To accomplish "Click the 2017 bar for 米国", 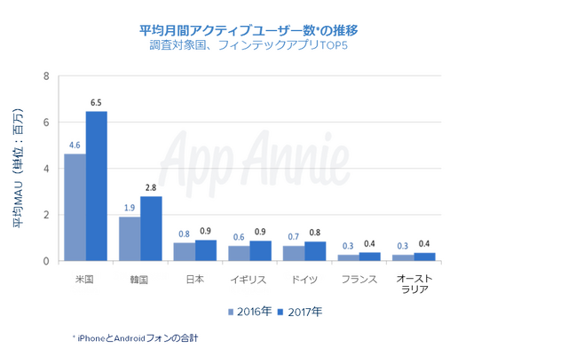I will point(97,186).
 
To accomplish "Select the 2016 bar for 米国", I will point(75,208).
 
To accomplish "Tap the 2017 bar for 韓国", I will point(151,229).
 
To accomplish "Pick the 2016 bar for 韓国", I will point(130,239).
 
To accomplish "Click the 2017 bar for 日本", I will point(205,250).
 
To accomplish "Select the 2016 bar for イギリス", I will point(238,254).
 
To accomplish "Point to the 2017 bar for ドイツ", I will point(315,251).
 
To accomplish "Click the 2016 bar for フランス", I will point(348,257).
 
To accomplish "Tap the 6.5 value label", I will point(97,103).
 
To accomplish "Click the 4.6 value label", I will point(75,145).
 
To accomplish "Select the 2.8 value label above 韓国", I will point(151,188).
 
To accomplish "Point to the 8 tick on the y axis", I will point(45,76).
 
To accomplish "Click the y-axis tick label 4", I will point(45,169).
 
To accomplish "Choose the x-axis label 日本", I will point(195,279).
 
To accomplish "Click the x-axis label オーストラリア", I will point(413,284).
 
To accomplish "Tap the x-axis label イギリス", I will point(249,279).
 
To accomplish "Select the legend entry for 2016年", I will point(251,312).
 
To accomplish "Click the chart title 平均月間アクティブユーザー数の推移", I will point(248,30).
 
